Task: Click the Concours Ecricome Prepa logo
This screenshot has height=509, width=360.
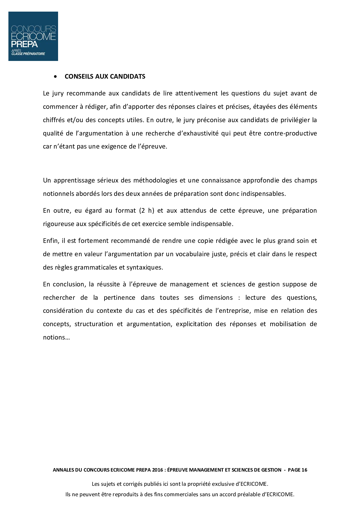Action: tap(33, 36)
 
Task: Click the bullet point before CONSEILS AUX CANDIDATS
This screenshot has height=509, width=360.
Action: tap(55, 77)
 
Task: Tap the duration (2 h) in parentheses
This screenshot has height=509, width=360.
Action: tap(147, 211)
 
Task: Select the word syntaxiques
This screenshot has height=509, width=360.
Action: tap(145, 268)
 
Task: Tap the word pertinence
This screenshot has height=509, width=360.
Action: tap(119, 298)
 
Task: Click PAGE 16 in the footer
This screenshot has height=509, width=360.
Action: tap(297, 470)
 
